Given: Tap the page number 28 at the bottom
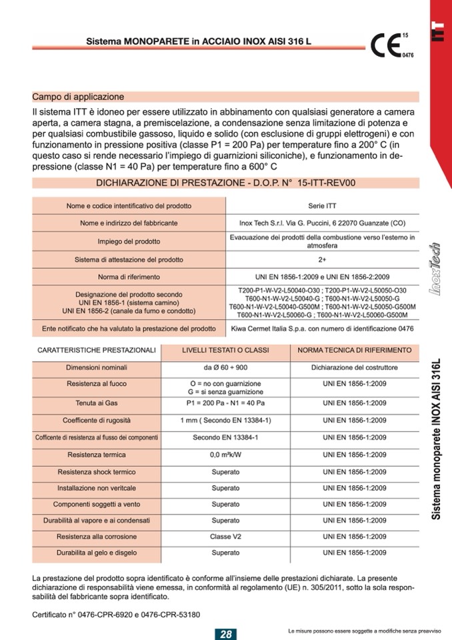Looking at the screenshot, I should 226,634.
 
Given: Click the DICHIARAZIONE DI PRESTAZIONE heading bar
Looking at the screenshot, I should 225,182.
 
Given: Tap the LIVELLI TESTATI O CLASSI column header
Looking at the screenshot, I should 225,350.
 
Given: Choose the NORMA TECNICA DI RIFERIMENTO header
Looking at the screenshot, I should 354,350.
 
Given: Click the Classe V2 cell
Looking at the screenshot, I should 225,537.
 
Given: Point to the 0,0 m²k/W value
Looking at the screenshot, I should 225,455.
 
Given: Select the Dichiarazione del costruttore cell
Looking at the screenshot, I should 354,368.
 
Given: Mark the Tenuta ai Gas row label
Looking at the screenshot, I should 97,403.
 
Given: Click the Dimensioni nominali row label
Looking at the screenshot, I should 97,368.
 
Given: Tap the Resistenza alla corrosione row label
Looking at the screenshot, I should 97,537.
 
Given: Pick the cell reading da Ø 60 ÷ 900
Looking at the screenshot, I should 225,368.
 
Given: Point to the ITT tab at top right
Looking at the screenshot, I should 438,32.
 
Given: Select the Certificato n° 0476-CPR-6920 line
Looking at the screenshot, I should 116,614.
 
